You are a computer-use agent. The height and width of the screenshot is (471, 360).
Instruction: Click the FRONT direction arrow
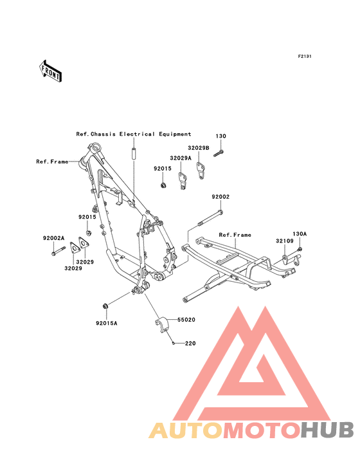click(50, 71)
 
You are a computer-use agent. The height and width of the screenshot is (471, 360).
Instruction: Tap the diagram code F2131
click(305, 56)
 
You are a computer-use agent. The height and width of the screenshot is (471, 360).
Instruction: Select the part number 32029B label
click(198, 148)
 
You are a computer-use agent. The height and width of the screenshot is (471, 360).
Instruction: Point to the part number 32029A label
click(180, 158)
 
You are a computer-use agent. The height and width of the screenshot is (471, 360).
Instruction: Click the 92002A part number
click(54, 238)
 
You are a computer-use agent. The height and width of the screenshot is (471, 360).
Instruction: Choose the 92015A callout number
click(107, 323)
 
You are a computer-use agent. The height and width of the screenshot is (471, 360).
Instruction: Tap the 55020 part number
click(186, 320)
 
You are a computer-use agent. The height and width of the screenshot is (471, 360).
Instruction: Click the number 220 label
click(190, 343)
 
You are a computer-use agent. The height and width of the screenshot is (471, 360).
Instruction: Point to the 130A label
click(300, 234)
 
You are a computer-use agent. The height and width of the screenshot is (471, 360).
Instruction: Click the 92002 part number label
click(221, 197)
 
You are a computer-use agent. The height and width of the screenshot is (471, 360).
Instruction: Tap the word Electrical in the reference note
click(137, 134)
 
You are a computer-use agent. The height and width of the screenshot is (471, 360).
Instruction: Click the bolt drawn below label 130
click(219, 153)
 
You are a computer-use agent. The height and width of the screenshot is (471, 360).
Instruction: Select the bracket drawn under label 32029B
click(201, 171)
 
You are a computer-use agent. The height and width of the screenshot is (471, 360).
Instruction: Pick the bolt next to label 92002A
click(59, 251)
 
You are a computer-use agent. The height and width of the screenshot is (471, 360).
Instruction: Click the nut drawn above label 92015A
click(105, 306)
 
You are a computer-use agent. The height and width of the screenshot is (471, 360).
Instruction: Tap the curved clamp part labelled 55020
click(161, 324)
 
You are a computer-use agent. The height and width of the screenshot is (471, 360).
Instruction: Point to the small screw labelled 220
click(174, 343)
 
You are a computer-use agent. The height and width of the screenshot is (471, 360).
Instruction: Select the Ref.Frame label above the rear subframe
click(235, 235)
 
